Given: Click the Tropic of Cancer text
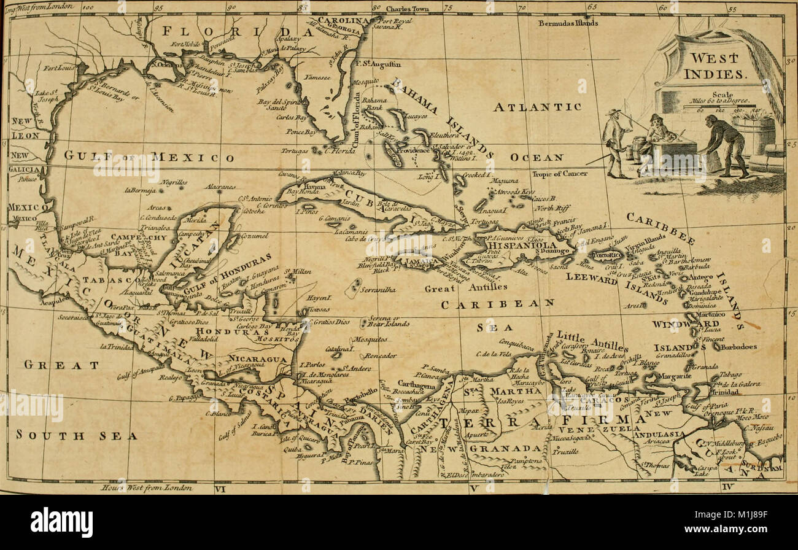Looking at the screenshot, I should pyautogui.click(x=560, y=174).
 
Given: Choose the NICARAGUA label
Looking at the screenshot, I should pyautogui.click(x=258, y=358).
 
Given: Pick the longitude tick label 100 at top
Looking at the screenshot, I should pyautogui.click(x=87, y=8).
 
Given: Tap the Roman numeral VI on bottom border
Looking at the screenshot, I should pyautogui.click(x=220, y=489).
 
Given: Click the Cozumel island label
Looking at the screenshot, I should pyautogui.click(x=246, y=236).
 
